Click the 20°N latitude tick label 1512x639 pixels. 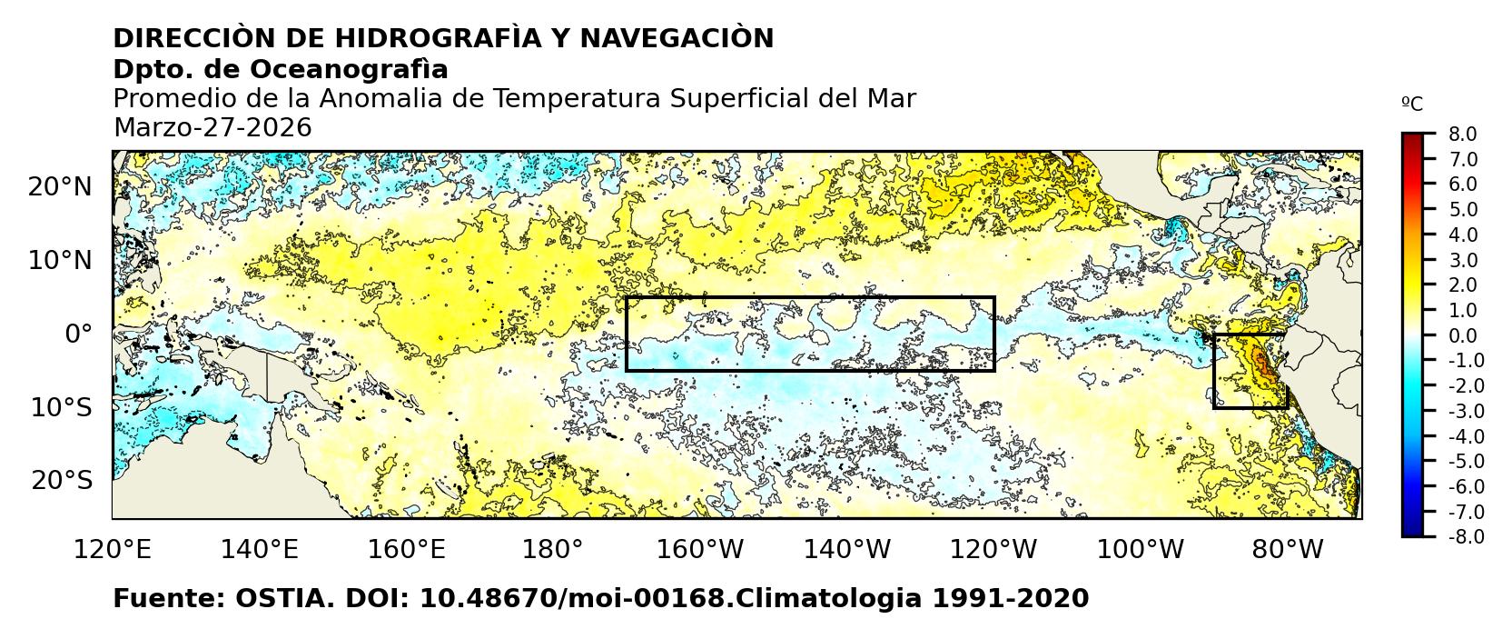[x=60, y=187]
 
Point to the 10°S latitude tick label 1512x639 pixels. [x=60, y=407]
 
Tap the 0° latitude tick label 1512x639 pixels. [x=78, y=334]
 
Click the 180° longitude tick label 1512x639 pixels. [x=553, y=550]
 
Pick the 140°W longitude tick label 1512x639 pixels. [x=851, y=550]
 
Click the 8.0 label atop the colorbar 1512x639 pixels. [x=1462, y=135]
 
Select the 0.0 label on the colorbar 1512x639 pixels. [x=1462, y=336]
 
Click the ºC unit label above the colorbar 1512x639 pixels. [x=1412, y=105]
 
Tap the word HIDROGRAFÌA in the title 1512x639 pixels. [x=449, y=39]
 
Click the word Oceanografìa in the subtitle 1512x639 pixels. [x=349, y=70]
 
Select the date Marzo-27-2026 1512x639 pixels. [x=212, y=128]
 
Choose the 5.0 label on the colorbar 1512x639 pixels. [x=1462, y=210]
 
